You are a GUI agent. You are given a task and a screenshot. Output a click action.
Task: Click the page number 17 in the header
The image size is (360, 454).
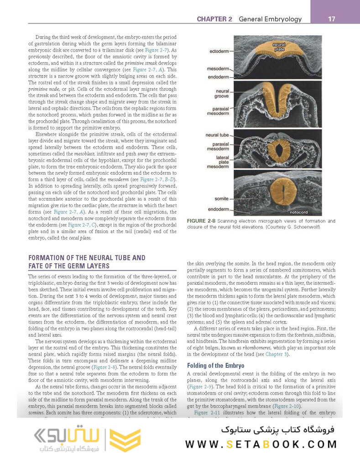pos(332,19)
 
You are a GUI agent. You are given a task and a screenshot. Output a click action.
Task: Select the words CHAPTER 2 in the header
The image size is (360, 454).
pos(214,19)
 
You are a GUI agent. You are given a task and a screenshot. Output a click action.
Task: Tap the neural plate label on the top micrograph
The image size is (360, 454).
pos(279,46)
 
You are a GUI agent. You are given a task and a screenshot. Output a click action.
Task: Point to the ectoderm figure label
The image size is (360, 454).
pos(219,51)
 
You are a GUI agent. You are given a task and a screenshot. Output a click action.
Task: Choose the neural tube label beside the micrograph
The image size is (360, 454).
pos(217,135)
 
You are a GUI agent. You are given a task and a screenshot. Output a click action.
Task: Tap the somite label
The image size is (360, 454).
pos(221,199)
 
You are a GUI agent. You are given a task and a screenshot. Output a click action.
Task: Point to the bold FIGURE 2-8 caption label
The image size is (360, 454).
pos(202,221)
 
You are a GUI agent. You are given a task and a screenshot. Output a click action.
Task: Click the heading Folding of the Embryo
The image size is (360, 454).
pos(215,365)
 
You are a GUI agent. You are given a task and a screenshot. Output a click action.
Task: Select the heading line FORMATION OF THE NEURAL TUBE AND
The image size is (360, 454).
pos(87,258)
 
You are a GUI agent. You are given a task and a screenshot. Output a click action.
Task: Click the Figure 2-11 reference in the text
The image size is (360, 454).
pos(208,412)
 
